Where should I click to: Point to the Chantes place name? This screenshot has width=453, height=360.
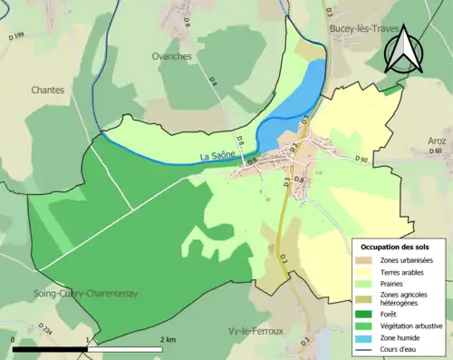(48, 90)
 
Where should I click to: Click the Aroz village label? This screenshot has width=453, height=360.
(439, 141)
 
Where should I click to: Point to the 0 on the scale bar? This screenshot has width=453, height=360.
(14, 339)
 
